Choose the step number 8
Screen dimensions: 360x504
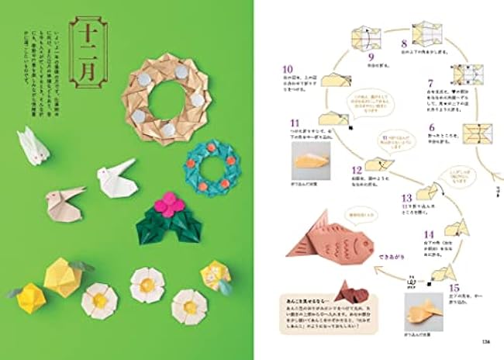pos(403,43)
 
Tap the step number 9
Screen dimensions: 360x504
pos(371,56)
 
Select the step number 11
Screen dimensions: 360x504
pos(295,122)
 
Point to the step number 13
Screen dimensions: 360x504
pos(406,197)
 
